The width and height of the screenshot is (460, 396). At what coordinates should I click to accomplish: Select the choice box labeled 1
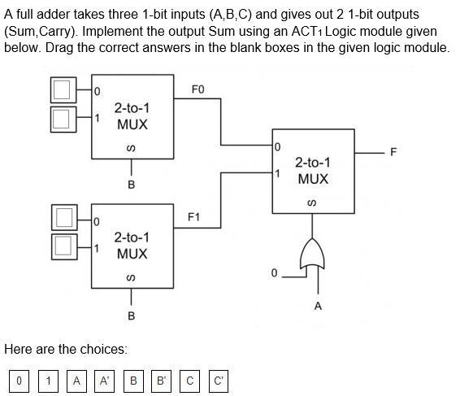(48, 380)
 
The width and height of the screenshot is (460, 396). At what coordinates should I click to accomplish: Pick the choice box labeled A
(76, 380)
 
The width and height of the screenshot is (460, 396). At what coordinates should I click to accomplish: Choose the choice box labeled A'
(105, 380)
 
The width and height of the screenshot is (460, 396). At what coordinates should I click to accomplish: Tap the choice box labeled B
(133, 380)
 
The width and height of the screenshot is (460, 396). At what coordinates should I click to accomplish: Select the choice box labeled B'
(162, 380)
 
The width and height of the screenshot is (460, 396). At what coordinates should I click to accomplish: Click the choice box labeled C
(190, 380)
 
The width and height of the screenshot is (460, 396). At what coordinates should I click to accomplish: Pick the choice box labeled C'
(219, 380)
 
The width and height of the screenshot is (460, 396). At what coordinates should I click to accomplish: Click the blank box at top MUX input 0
(62, 90)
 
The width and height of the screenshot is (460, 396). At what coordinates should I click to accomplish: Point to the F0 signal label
(197, 89)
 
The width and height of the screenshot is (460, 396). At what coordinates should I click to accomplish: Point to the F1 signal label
(193, 218)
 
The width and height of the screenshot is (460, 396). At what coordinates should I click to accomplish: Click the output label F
(394, 152)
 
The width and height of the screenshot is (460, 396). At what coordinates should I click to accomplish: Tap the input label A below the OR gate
(318, 306)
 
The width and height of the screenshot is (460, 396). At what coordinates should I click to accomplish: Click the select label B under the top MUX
(132, 185)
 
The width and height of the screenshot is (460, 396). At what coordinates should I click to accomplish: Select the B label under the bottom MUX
(132, 315)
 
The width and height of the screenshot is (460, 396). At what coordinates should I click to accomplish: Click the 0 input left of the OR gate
(275, 272)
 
